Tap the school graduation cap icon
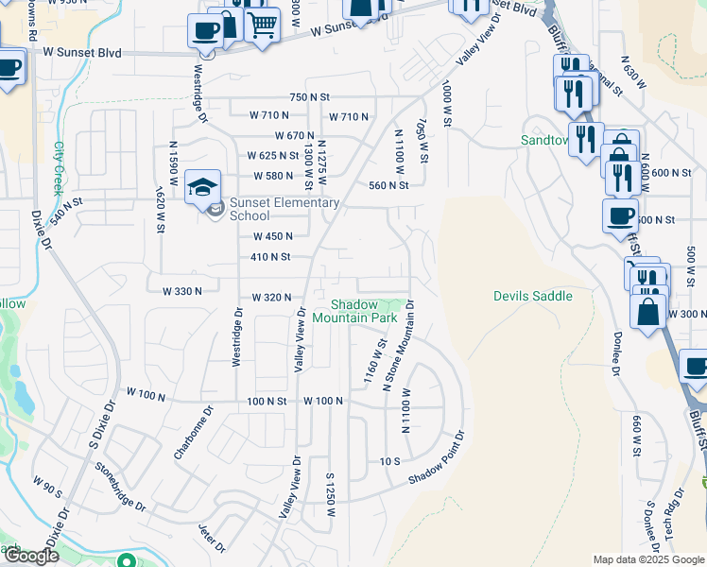point(203,186)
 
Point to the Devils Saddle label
point(533,296)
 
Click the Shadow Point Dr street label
point(437,458)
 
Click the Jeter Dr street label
point(213,539)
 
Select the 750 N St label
point(310,97)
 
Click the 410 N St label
point(269,256)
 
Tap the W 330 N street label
point(182,292)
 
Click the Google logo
point(30,557)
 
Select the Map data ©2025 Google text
point(649,559)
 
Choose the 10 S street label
point(391,461)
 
